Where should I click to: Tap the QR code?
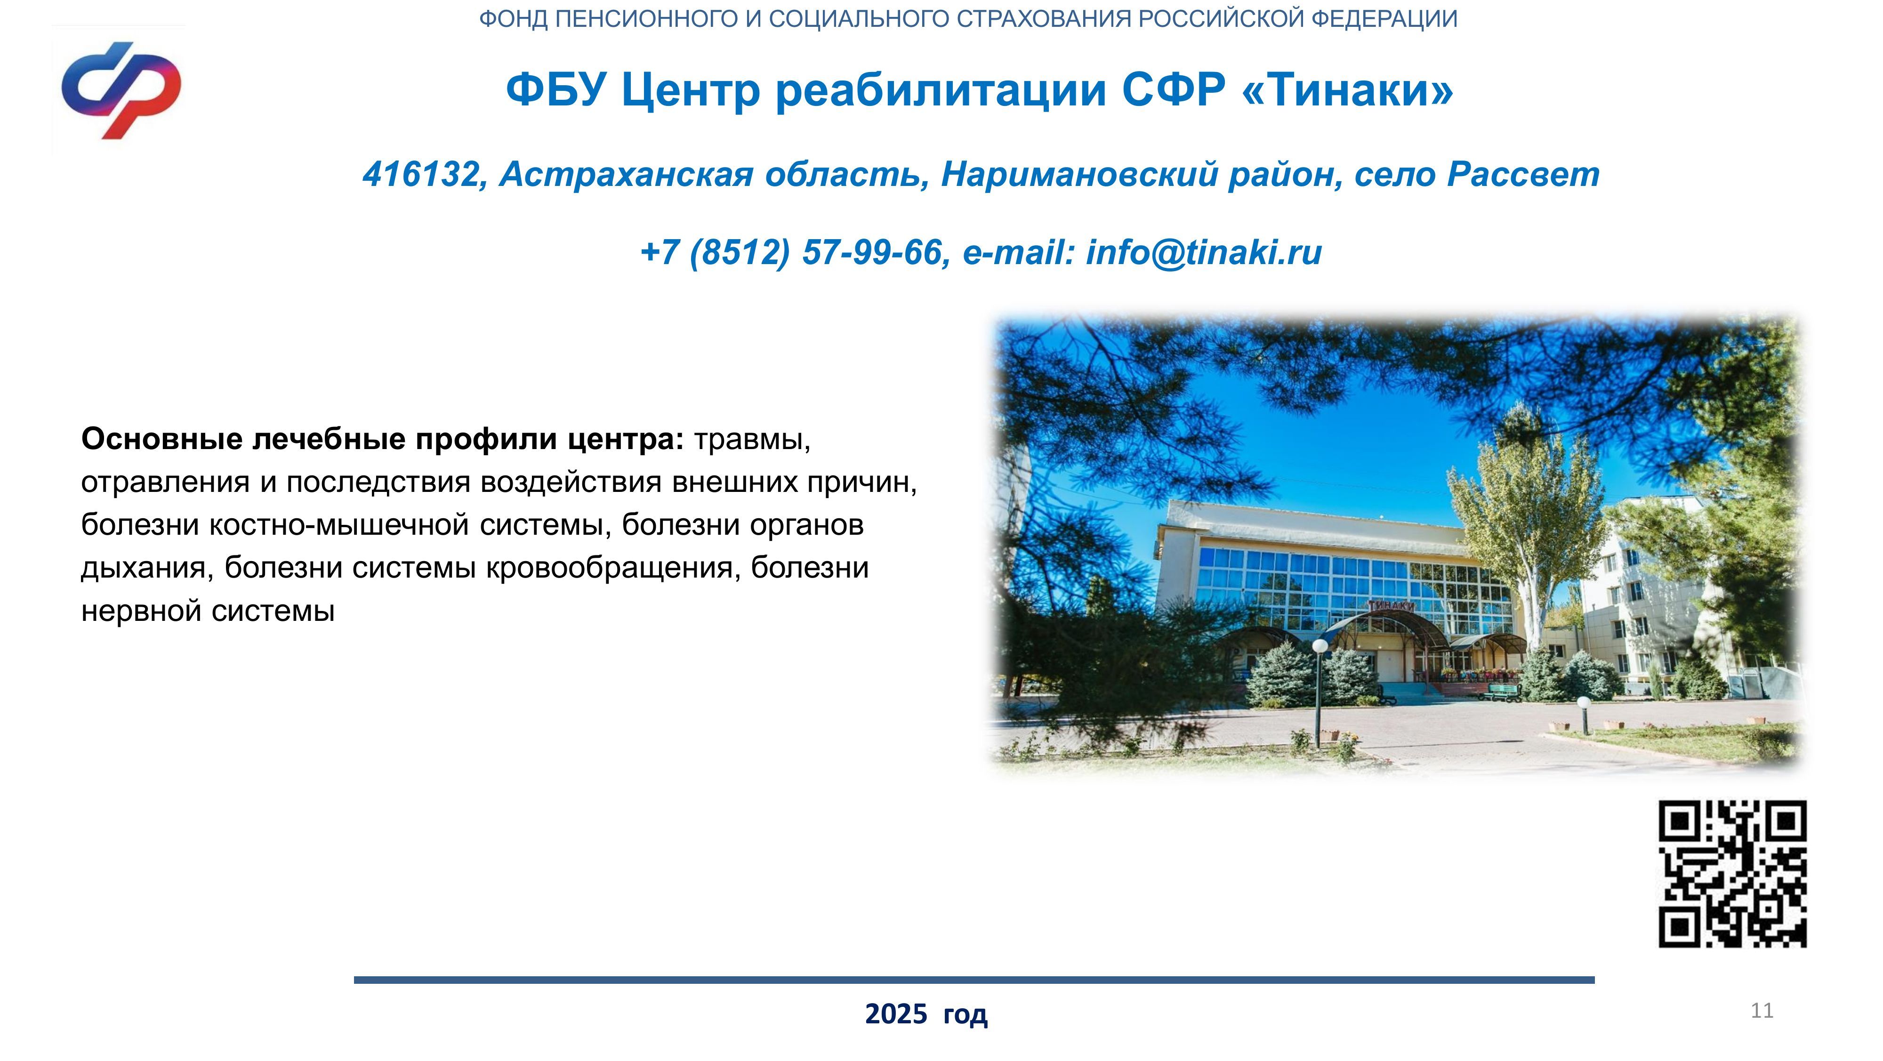click(x=1732, y=873)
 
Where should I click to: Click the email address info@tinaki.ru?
click(x=1204, y=253)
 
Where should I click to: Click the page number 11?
click(x=1762, y=1011)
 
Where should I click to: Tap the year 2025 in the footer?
click(x=896, y=1014)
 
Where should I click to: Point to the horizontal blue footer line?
click(x=974, y=980)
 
